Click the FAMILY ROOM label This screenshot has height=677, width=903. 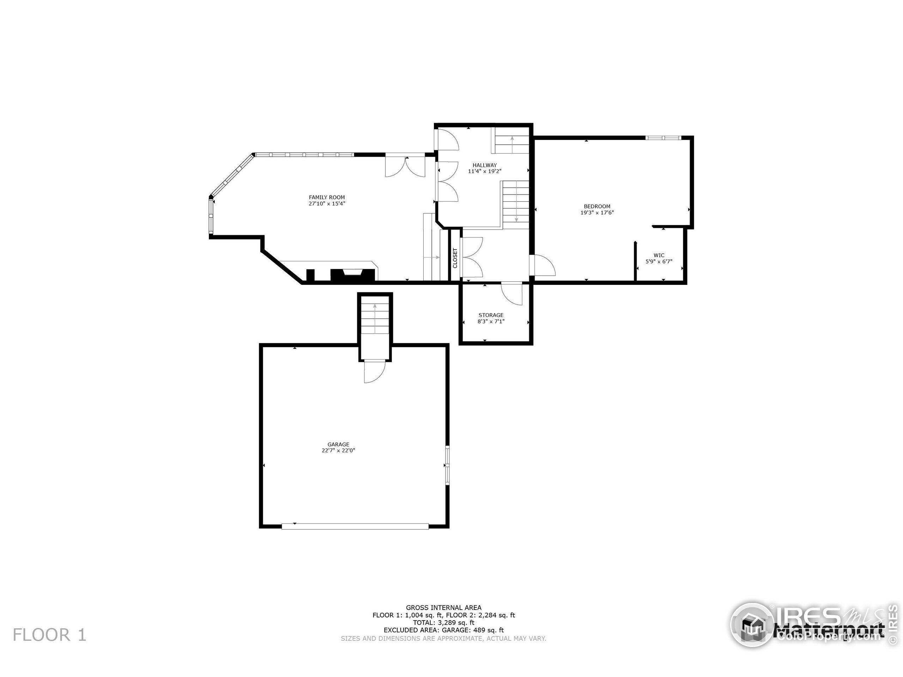327,197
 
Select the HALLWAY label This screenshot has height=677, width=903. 485,165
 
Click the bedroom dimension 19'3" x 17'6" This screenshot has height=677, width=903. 597,213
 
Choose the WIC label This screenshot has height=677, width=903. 659,255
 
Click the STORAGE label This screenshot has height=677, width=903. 491,315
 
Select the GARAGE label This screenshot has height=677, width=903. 338,444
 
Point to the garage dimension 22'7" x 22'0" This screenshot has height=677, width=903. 338,451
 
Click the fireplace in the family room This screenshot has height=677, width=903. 353,275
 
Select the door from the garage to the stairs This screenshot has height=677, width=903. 374,371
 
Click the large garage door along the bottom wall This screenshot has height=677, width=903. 355,526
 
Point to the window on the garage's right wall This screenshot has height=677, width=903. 447,465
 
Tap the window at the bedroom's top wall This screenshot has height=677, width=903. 663,138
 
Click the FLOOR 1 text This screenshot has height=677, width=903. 49,635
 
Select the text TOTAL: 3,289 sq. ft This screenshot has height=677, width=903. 443,623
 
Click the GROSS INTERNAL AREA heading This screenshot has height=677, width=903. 443,608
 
